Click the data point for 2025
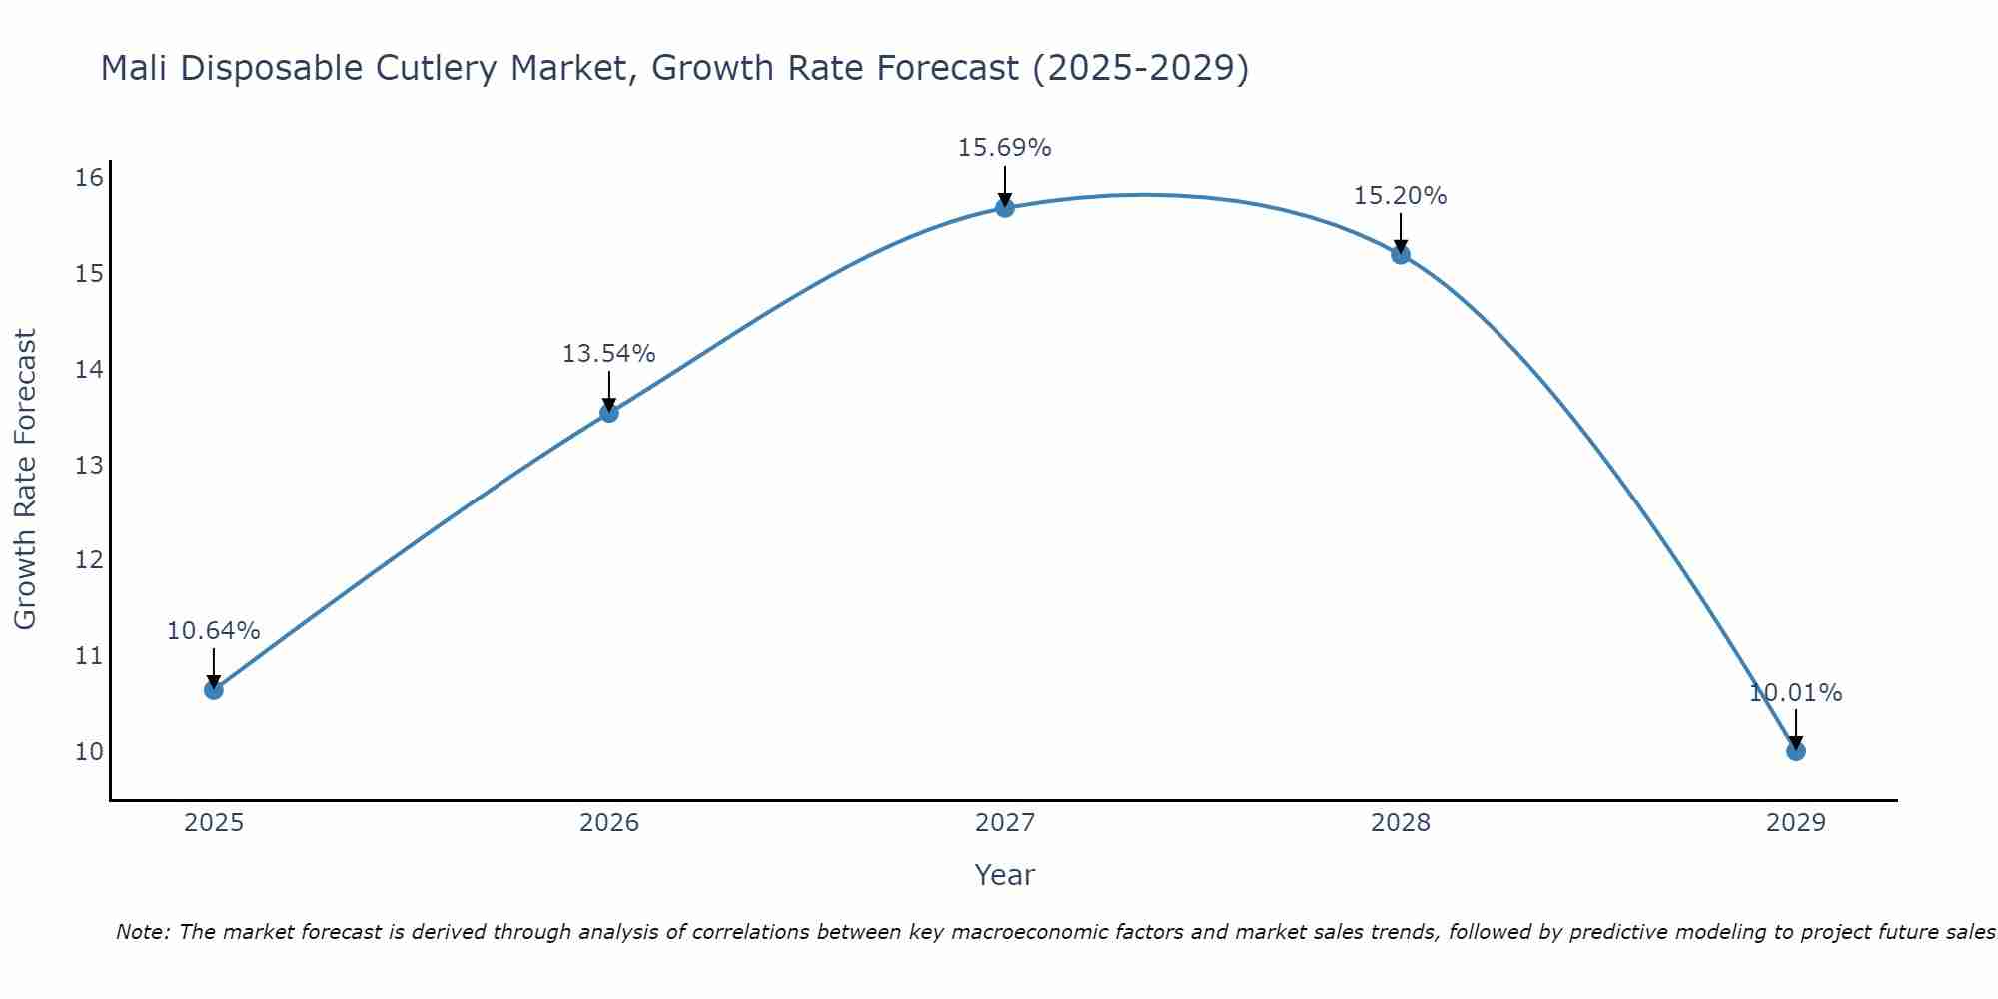point(213,690)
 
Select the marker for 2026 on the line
point(608,413)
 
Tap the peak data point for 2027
point(1004,208)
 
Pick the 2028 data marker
point(1400,255)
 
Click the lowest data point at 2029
point(1795,751)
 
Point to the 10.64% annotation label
point(213,631)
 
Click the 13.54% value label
point(608,354)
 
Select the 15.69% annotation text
point(1004,148)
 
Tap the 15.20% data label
point(1400,196)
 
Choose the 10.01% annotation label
point(1795,693)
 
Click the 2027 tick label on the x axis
point(1004,823)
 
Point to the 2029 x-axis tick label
point(1795,823)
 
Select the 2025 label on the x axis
point(214,823)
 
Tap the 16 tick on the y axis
point(89,178)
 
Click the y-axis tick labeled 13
point(89,465)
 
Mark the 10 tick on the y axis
point(89,751)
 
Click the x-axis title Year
point(1004,875)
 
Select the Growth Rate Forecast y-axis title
point(25,479)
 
